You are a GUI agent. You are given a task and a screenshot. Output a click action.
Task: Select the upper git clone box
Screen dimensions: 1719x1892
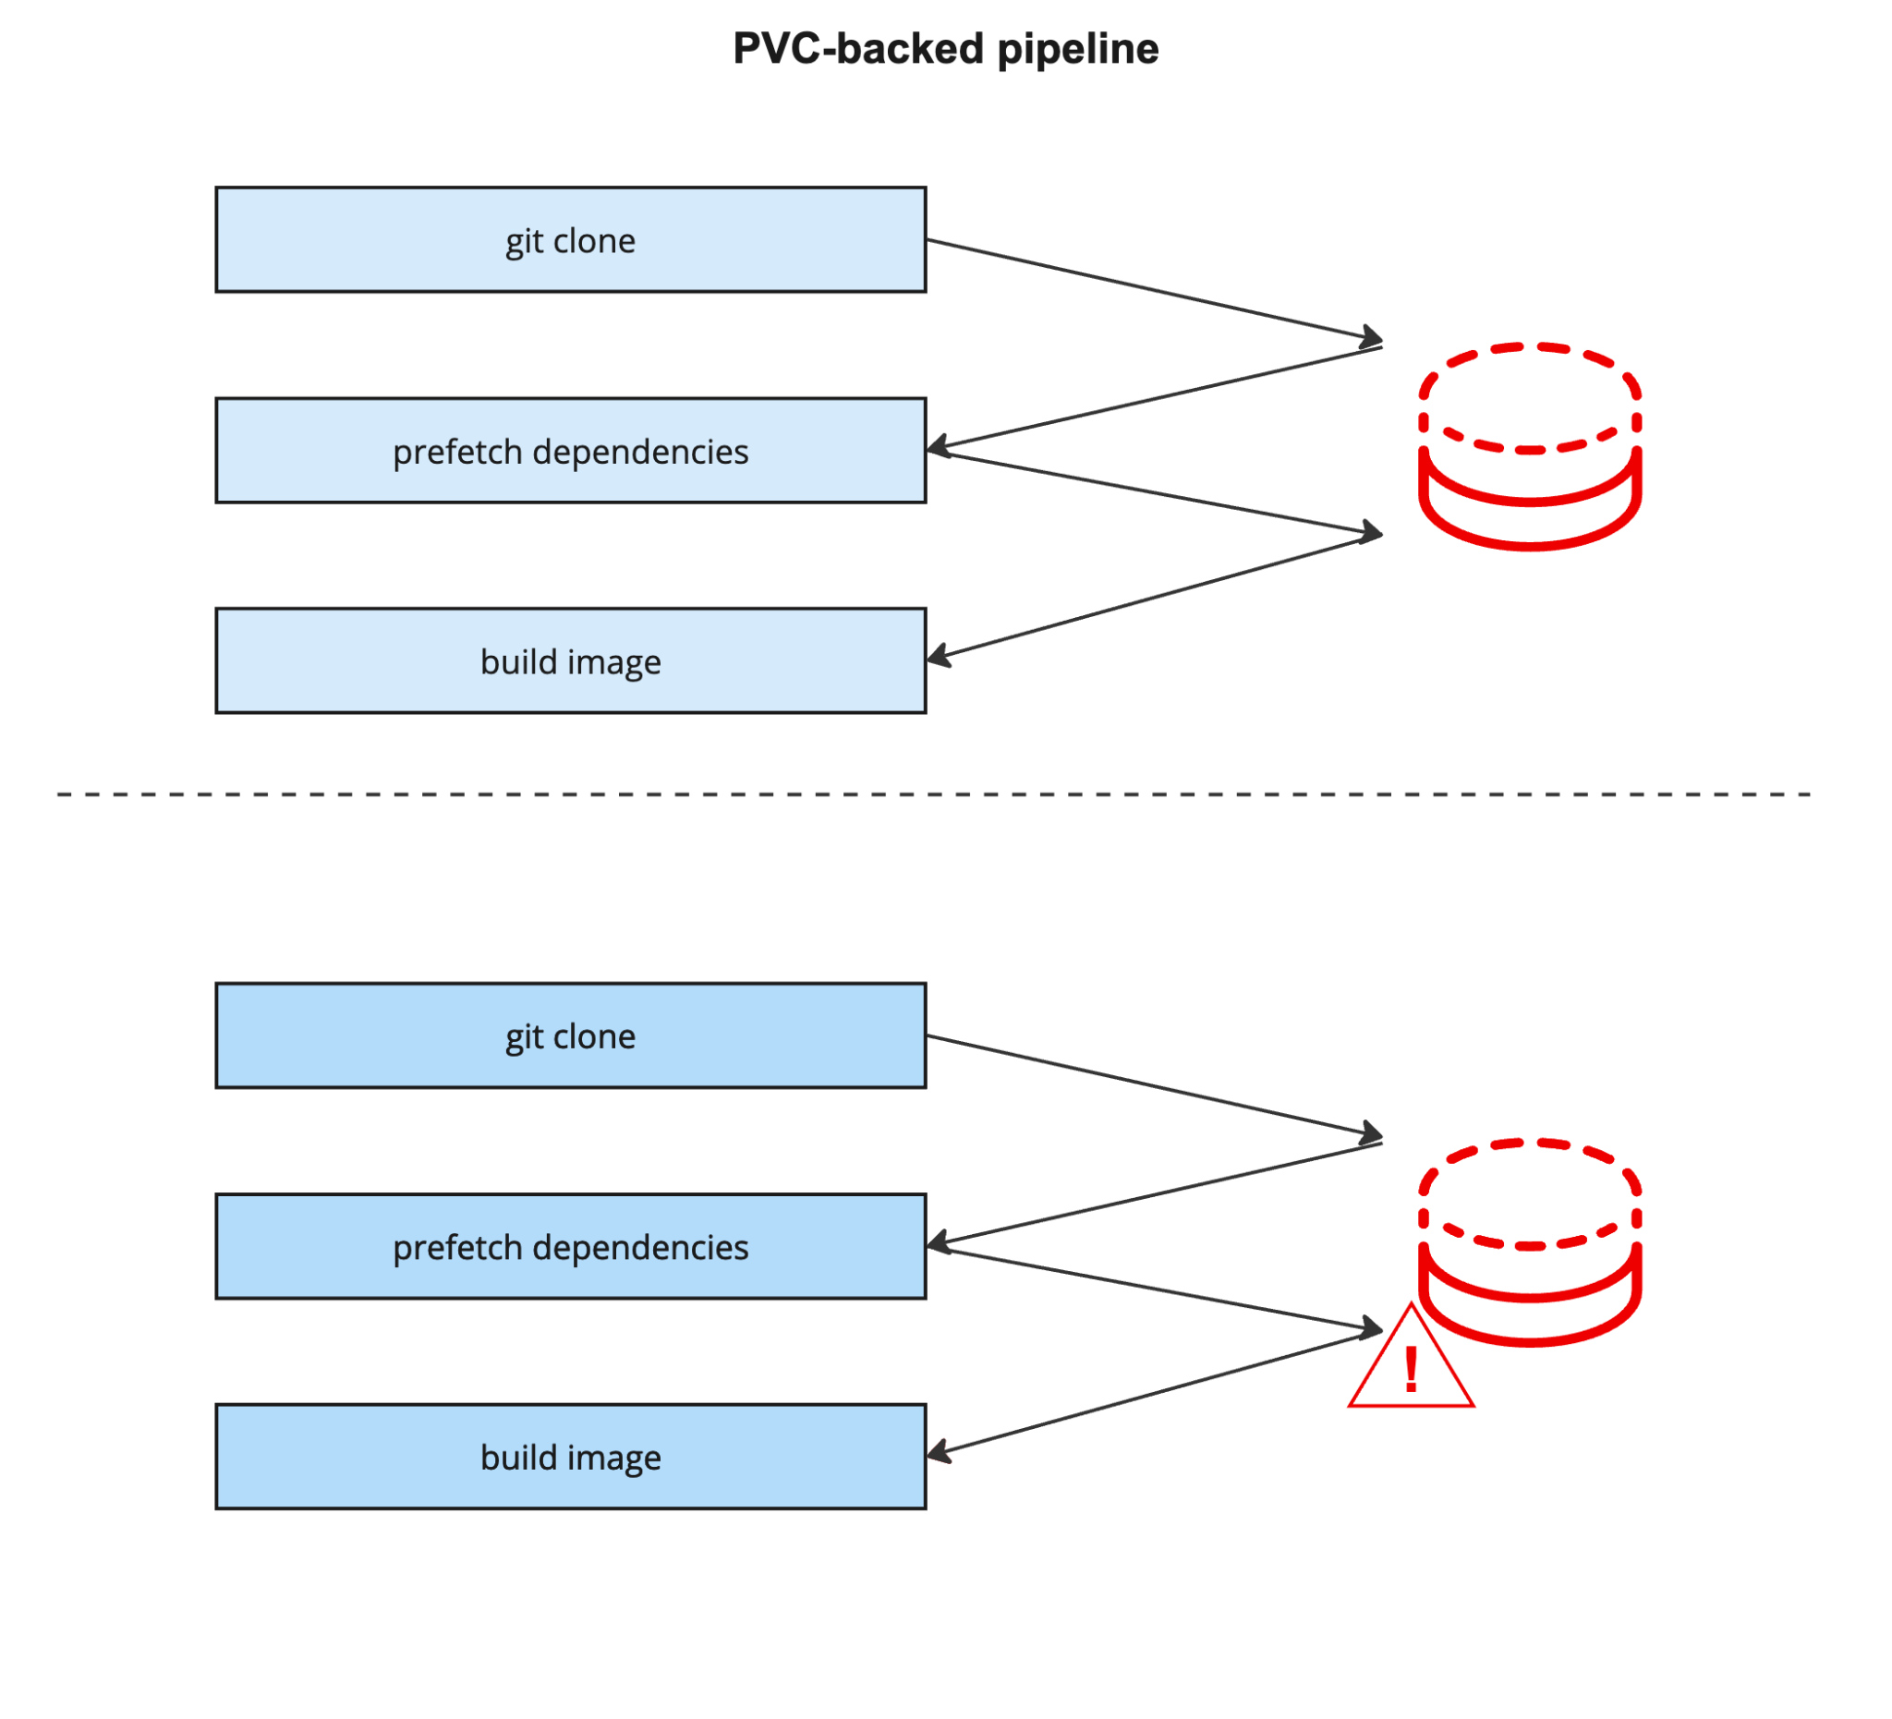point(571,240)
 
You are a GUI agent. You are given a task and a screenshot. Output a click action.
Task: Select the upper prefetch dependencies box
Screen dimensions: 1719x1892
point(571,451)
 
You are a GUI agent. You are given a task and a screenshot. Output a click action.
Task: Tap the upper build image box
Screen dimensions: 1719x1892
point(571,660)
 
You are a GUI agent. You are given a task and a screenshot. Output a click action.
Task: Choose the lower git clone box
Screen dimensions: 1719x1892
point(571,1035)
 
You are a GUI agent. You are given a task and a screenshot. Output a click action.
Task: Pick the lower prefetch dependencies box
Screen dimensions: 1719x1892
point(571,1246)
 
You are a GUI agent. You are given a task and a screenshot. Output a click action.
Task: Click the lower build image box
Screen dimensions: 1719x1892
point(571,1457)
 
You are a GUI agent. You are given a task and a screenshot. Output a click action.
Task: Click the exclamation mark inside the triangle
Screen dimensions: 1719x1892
point(1411,1370)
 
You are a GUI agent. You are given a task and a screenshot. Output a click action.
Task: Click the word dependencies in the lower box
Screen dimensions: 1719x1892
point(640,1247)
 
